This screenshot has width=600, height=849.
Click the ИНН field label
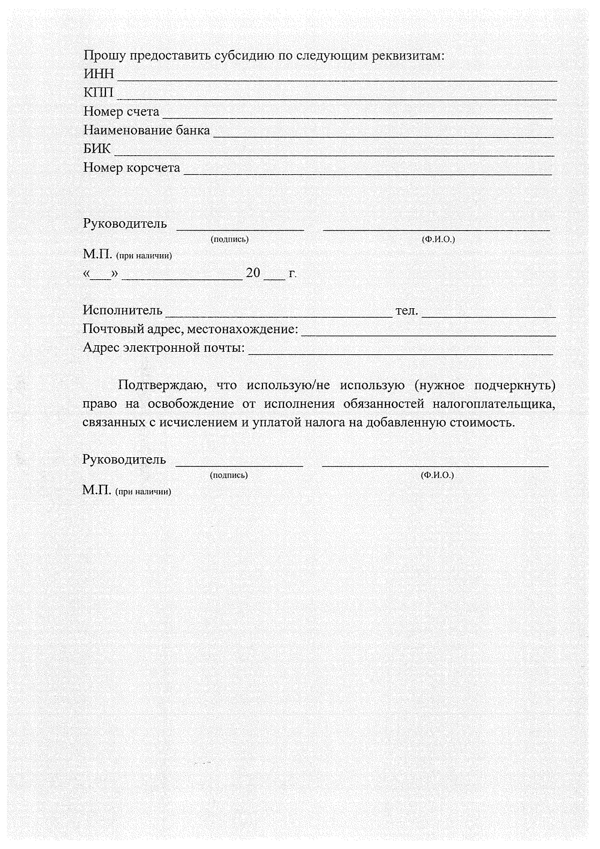tap(98, 74)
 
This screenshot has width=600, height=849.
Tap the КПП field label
tap(98, 93)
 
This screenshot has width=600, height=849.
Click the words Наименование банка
tap(146, 131)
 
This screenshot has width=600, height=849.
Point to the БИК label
tap(97, 149)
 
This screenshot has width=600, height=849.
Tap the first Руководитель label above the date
tap(125, 224)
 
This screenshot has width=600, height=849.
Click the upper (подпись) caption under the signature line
tap(229, 239)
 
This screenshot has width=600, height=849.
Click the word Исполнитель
tap(122, 310)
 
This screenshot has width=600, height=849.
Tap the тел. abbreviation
tap(406, 311)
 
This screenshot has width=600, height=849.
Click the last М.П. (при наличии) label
tap(127, 491)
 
